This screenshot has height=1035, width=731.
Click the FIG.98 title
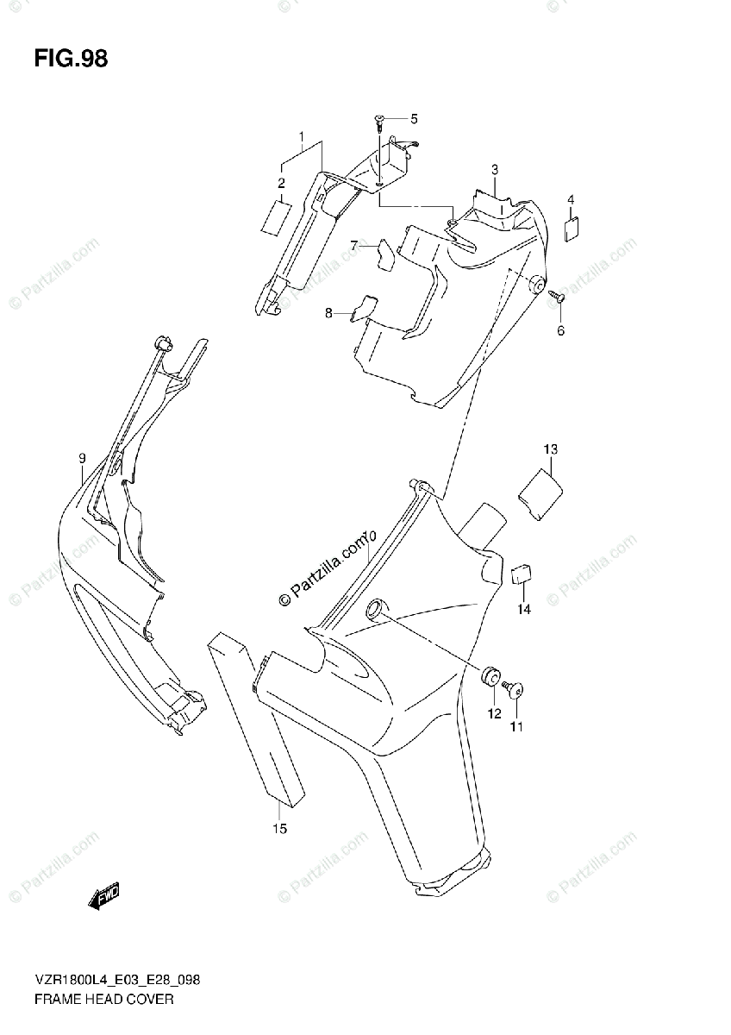coord(71,60)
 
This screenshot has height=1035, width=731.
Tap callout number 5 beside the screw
coord(413,119)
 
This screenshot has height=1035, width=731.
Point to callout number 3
coord(495,169)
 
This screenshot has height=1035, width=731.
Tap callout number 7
coord(353,246)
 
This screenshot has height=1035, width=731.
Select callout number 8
coord(328,314)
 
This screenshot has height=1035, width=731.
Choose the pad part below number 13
coord(540,493)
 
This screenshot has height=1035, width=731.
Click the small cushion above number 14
coord(522,574)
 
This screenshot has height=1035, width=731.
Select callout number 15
coord(279,829)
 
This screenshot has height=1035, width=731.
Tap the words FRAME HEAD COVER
coord(105,1000)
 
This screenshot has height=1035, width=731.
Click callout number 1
coord(302,137)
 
